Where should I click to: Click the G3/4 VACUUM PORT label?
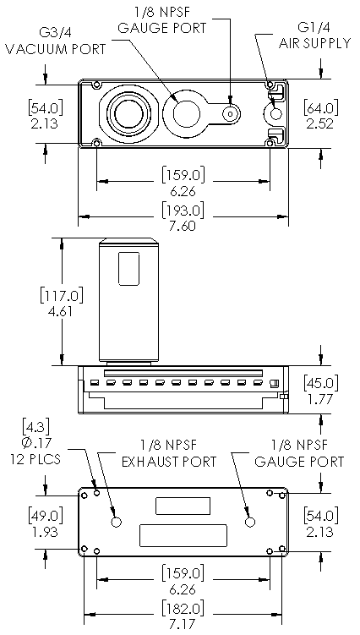pyautogui.click(x=56, y=41)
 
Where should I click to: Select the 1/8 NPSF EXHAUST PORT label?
pyautogui.click(x=169, y=453)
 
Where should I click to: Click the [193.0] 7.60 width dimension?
pyautogui.click(x=183, y=217)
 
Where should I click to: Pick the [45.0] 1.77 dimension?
pyautogui.click(x=320, y=391)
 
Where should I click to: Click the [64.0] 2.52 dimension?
pyautogui.click(x=320, y=115)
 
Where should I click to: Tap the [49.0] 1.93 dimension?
pyautogui.click(x=45, y=523)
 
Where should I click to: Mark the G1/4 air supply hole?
pyautogui.click(x=275, y=114)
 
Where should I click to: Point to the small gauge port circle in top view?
pyautogui.click(x=231, y=114)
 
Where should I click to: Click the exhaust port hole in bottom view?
pyautogui.click(x=117, y=522)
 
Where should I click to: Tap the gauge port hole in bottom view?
pyautogui.click(x=250, y=522)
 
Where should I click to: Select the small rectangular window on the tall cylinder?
pyautogui.click(x=128, y=268)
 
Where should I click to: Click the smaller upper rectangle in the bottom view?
pyautogui.click(x=183, y=506)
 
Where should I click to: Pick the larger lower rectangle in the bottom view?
pyautogui.click(x=183, y=535)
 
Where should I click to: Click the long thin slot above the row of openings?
pyautogui.click(x=183, y=373)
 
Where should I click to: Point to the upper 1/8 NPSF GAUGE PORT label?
pyautogui.click(x=162, y=20)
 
